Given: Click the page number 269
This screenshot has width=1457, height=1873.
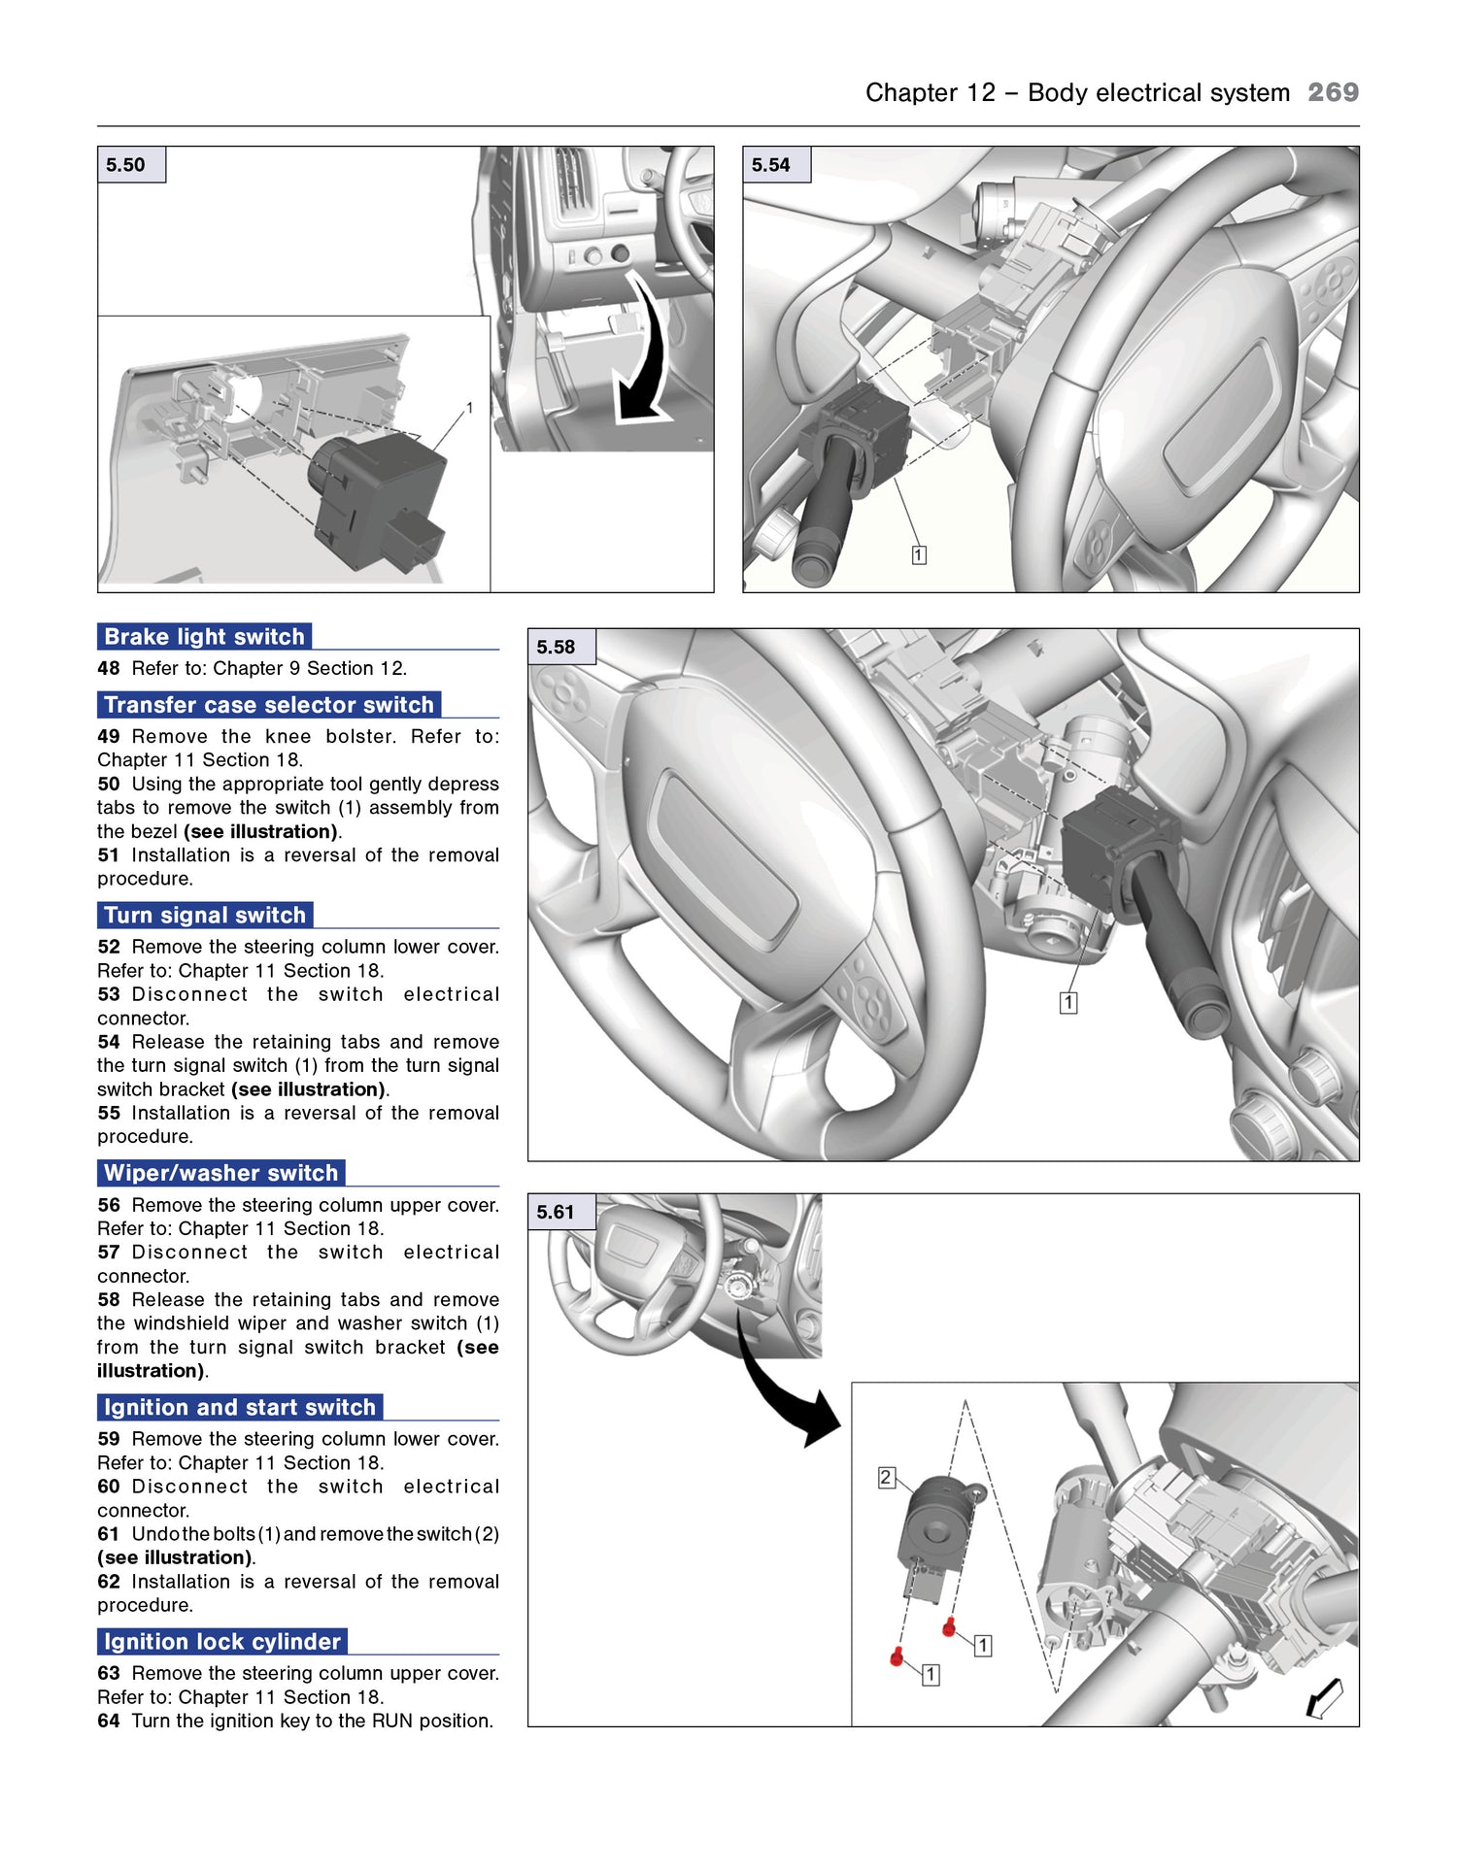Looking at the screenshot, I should coord(1333,92).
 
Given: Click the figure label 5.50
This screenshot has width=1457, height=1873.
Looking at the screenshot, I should coord(126,165).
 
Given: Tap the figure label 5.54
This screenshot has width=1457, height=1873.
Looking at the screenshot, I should coord(771,165).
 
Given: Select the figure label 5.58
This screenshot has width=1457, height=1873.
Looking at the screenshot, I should coord(557,647).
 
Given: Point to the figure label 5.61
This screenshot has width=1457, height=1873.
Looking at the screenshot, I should coord(557,1212).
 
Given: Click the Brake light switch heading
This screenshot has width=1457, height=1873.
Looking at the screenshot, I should coord(204,637).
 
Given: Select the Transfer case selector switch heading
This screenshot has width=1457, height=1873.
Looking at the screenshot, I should coord(268,705).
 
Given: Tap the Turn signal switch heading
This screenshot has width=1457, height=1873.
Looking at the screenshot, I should coord(204,916).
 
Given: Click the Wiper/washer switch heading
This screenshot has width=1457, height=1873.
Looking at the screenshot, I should coord(220,1173).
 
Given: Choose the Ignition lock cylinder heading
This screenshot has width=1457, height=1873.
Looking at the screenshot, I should coord(221,1642).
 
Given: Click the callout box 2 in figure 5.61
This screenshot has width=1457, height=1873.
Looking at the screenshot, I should coord(886,1478).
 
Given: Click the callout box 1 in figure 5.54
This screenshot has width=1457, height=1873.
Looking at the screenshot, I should coord(919,555).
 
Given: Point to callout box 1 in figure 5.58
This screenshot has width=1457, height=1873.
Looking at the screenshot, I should coord(1068,1003).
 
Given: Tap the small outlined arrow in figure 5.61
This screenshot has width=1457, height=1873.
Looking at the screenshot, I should coord(1325,1698).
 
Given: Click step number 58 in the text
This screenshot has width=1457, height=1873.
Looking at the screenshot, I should coord(109,1300).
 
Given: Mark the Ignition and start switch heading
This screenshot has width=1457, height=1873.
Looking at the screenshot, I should coord(239,1408).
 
